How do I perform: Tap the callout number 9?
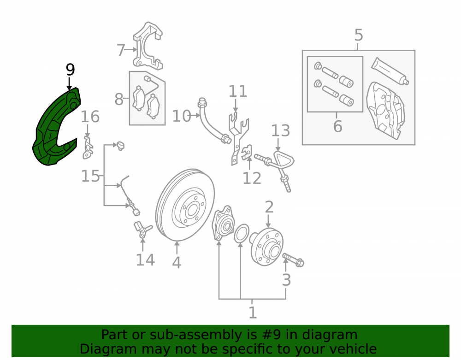[x=70, y=70]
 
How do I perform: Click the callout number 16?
[x=90, y=117]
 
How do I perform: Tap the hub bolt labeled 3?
[x=293, y=260]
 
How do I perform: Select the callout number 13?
[x=280, y=131]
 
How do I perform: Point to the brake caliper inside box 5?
[x=385, y=110]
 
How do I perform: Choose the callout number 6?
[x=337, y=126]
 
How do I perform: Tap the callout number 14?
[x=145, y=260]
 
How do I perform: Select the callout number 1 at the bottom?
[x=253, y=313]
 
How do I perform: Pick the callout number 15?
[x=90, y=177]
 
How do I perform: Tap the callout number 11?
[x=238, y=91]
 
